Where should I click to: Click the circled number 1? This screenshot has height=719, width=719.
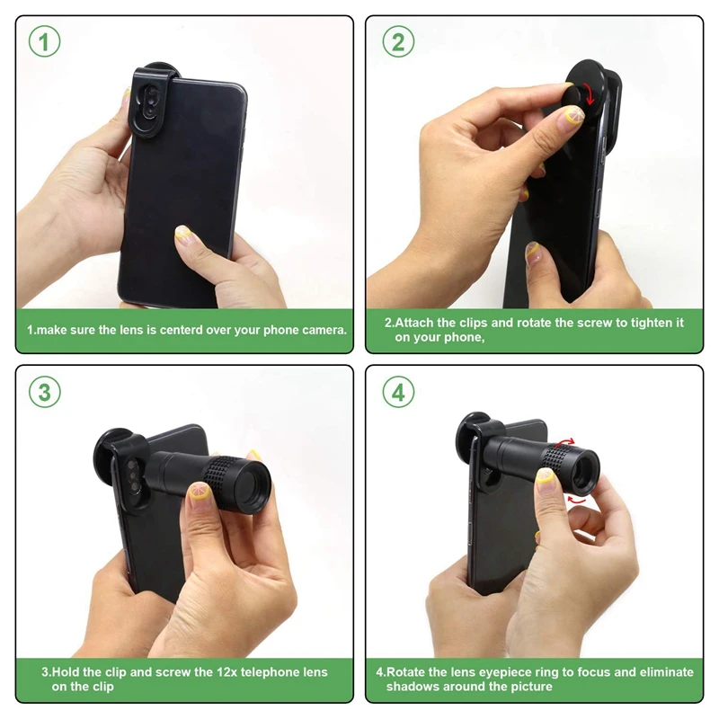(x=44, y=41)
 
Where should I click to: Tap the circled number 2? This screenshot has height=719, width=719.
(x=398, y=41)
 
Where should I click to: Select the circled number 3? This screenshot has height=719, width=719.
(x=44, y=392)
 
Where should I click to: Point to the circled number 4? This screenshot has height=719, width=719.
(x=398, y=392)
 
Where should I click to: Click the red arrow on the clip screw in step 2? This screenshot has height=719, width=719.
(x=589, y=94)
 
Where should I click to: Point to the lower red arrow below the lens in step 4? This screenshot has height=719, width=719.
(x=576, y=500)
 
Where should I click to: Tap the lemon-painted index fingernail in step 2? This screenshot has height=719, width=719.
(x=573, y=116)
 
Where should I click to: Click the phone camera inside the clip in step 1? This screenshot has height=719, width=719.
(x=148, y=104)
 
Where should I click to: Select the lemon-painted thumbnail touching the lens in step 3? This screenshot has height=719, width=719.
(x=200, y=492)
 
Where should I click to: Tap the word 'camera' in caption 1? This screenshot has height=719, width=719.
(x=326, y=330)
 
